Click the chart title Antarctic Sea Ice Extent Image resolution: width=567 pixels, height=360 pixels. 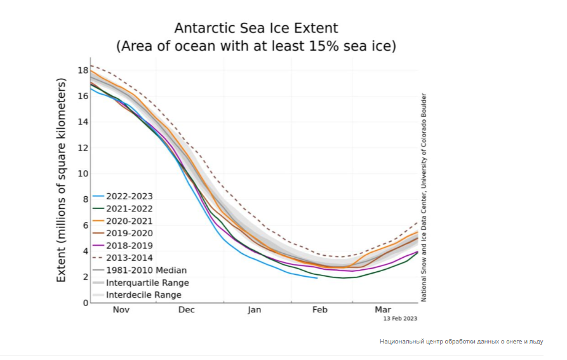point(256,29)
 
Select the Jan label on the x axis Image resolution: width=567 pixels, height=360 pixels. point(253,310)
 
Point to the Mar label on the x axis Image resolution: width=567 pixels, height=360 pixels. point(383,310)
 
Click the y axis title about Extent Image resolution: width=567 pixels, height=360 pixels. point(62,181)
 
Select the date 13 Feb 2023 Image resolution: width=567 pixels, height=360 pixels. point(401,319)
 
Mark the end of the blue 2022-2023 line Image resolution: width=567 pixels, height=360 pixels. point(317,278)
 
